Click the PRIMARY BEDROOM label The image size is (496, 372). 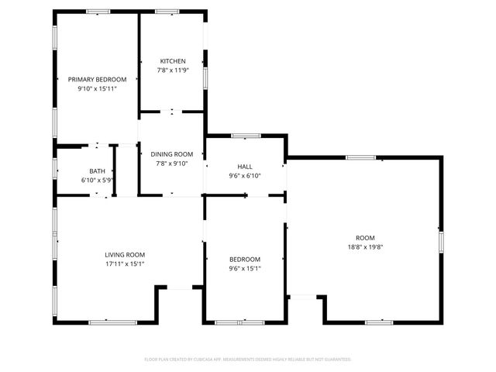point(97,79)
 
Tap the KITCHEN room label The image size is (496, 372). point(173,61)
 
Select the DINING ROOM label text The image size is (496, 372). point(171,154)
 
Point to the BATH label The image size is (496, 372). point(97,171)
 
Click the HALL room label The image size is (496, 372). point(245,167)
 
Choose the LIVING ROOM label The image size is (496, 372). point(125,254)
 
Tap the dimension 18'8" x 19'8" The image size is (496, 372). point(365,246)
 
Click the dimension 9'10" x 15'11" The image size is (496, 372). point(97,88)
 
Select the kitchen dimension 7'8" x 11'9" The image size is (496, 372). point(173,71)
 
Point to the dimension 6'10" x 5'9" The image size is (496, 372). point(97,180)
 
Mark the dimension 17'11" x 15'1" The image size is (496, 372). point(125,263)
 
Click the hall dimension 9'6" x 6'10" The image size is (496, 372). point(245,176)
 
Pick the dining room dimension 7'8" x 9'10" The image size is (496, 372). point(171,164)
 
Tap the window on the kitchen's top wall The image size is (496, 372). point(167,12)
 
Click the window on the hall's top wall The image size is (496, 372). point(245,136)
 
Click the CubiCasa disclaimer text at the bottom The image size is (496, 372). point(248,359)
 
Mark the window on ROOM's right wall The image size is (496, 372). point(442,241)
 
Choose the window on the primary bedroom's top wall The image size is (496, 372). point(98,12)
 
